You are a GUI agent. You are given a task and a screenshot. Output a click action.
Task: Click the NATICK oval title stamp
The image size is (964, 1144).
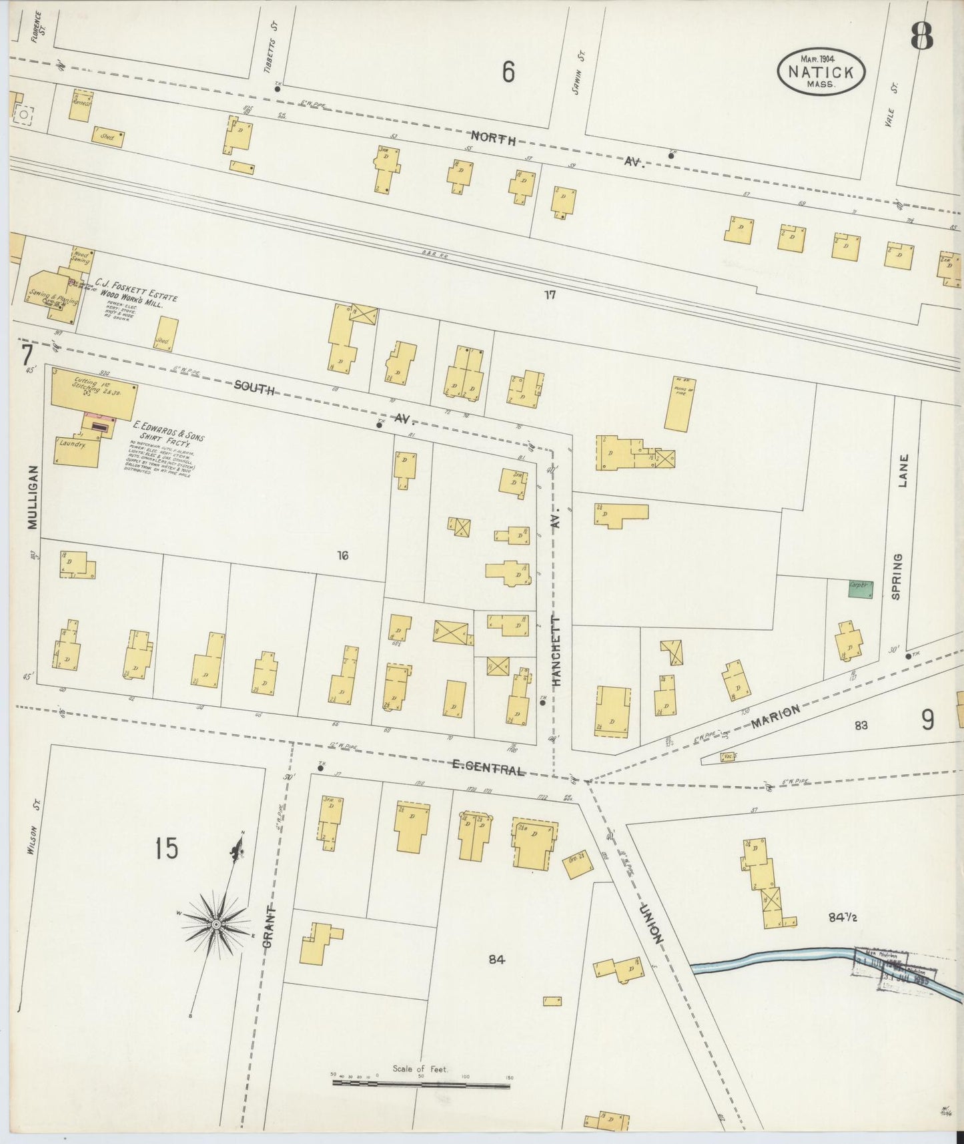[821, 71]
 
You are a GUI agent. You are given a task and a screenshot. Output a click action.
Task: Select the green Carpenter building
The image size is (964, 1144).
[860, 589]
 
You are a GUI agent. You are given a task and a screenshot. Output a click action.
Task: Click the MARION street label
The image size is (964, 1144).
[775, 716]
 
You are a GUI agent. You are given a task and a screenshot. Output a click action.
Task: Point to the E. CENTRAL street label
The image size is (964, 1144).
[488, 768]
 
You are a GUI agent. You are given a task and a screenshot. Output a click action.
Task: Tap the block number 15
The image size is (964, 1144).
[166, 849]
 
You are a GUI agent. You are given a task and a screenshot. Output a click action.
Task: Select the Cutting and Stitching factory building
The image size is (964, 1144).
[93, 394]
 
